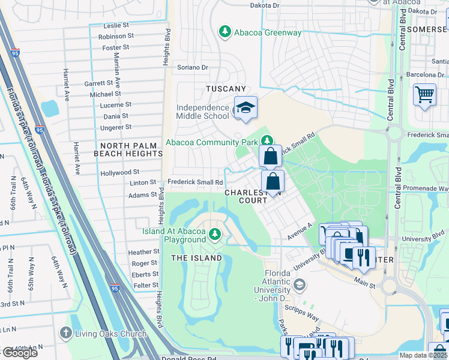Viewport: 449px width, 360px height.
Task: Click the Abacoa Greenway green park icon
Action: coord(225,32)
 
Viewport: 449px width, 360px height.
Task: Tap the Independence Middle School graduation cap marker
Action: coord(245,108)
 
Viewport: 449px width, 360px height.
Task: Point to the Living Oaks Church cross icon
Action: coord(65,333)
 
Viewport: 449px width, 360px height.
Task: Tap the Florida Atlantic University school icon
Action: coord(300,284)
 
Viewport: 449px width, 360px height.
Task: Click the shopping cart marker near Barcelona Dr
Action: coord(424,95)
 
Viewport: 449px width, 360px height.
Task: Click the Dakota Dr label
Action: coord(265,5)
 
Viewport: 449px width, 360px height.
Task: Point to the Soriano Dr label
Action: coord(192,68)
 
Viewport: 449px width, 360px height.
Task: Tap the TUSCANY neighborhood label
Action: coord(226,89)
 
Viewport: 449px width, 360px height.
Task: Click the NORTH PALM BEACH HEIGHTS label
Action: coord(128,150)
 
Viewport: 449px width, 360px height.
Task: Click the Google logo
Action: coord(20,353)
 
